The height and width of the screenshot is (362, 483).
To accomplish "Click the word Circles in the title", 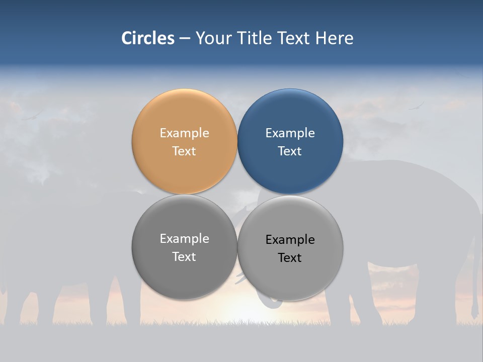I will coord(148,38).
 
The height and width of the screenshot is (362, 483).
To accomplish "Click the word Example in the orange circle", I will coord(184,133).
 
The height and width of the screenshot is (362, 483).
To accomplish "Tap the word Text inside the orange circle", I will coord(184,151).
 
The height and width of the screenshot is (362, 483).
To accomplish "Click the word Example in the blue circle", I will coord(290,133).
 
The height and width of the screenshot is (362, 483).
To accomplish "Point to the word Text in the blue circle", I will coord(290,151).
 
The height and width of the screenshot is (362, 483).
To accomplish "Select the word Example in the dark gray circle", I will coord(184,239).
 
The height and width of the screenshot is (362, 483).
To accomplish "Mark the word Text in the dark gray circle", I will coord(184,257).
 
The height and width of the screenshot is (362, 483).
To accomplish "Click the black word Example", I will coord(290,240).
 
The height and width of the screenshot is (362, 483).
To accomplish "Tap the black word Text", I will coord(290,258).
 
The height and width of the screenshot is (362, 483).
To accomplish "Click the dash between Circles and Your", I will coord(185,39).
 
